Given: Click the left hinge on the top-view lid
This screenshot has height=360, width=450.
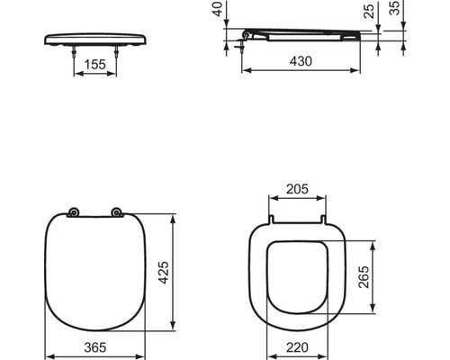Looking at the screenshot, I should point(74,213).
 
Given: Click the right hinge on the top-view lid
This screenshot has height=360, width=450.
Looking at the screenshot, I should point(116,213).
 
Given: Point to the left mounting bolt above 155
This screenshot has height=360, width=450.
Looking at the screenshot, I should point(72,53).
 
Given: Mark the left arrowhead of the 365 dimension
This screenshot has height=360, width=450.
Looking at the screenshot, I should point(47,348).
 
